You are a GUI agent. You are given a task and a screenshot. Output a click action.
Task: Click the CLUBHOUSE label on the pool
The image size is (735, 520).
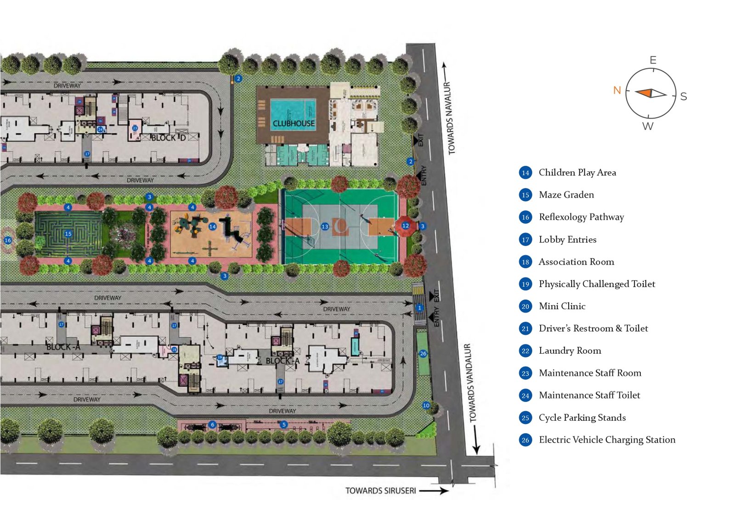click(x=294, y=124)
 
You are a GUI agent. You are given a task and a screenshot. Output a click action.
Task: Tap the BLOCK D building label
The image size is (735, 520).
click(x=168, y=138)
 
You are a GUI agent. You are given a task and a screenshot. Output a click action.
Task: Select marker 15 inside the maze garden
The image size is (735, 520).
click(x=68, y=234)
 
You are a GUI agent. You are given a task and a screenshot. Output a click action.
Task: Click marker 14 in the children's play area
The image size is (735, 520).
click(x=212, y=226)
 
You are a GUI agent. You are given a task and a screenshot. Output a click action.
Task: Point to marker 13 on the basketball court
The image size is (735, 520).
click(x=325, y=226)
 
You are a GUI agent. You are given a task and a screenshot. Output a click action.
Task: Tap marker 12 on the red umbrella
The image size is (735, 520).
click(x=405, y=226)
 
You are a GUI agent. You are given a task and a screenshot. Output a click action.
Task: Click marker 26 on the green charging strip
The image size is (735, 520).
click(x=423, y=353)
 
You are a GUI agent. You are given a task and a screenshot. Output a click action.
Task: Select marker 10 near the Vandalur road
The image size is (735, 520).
click(x=426, y=405)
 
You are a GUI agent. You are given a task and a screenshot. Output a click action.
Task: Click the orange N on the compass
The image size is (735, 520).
click(x=617, y=90)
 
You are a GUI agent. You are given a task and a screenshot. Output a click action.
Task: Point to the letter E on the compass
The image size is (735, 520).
click(x=653, y=60)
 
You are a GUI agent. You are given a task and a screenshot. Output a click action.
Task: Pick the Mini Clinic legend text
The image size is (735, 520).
click(x=562, y=306)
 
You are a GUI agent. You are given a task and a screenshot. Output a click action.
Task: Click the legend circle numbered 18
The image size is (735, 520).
click(x=525, y=262)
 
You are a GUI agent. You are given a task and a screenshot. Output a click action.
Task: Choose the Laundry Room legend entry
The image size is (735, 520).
click(x=570, y=350)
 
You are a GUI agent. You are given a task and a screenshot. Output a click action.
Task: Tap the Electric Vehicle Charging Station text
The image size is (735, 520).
click(x=607, y=440)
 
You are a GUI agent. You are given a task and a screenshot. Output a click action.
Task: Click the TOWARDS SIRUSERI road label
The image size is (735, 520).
click(x=380, y=491)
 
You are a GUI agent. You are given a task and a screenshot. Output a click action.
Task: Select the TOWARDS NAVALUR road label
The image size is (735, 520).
click(x=450, y=118)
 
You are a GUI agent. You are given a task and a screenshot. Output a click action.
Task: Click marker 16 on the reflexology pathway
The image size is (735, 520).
click(x=7, y=240)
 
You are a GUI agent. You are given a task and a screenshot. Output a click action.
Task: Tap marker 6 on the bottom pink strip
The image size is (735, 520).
click(x=212, y=424)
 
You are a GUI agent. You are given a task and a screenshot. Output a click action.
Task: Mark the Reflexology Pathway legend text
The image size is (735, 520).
click(x=581, y=217)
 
